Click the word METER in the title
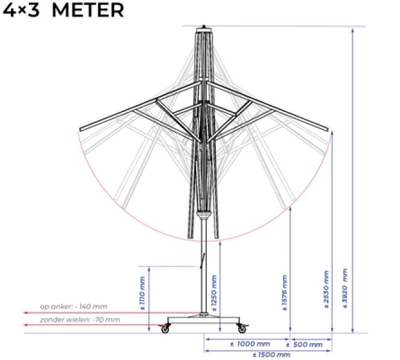88,10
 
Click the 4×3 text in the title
21,10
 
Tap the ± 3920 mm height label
345,288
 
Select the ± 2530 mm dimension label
326,290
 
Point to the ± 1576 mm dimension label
285,293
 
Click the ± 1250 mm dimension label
214,293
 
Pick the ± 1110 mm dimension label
143,293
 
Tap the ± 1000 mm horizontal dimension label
250,344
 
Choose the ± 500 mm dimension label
304,345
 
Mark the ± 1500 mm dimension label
271,355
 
